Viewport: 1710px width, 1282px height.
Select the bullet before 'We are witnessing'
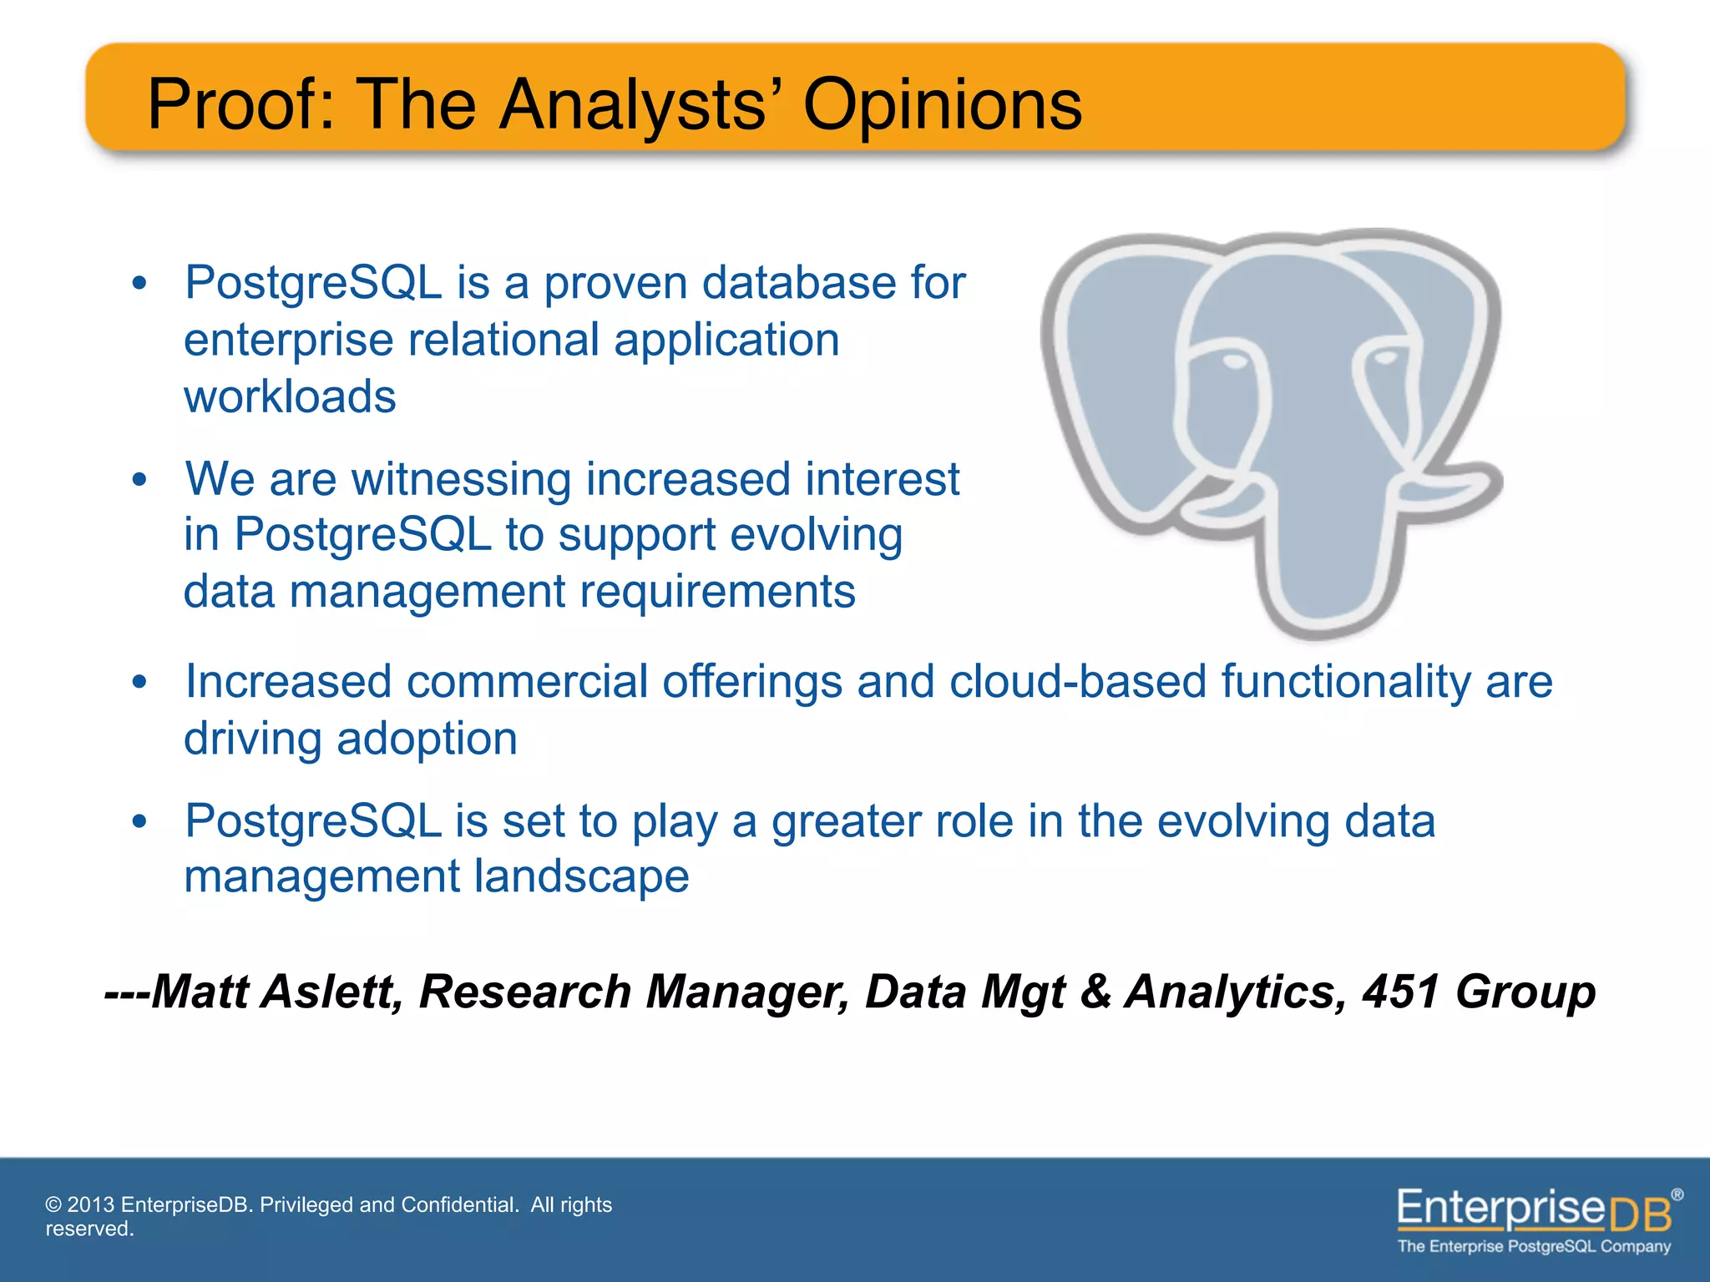tap(139, 480)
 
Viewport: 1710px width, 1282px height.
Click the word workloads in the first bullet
tap(290, 396)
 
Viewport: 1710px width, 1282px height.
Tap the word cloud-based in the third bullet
tap(1079, 681)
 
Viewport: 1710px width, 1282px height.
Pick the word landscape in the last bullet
tap(581, 876)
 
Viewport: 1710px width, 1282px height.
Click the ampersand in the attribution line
tap(1095, 992)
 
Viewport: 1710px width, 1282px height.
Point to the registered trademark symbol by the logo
tap(1677, 1194)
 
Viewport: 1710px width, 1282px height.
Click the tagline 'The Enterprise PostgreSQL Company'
tap(1534, 1246)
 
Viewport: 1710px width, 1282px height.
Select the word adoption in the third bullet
tap(427, 739)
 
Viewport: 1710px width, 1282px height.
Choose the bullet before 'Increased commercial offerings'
tap(139, 682)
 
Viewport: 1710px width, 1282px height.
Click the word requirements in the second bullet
tap(717, 592)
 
